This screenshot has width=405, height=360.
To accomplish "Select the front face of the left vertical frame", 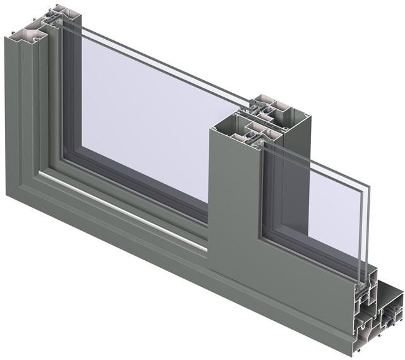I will point(16,114).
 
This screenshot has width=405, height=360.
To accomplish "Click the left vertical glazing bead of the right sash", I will point(268,189).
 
